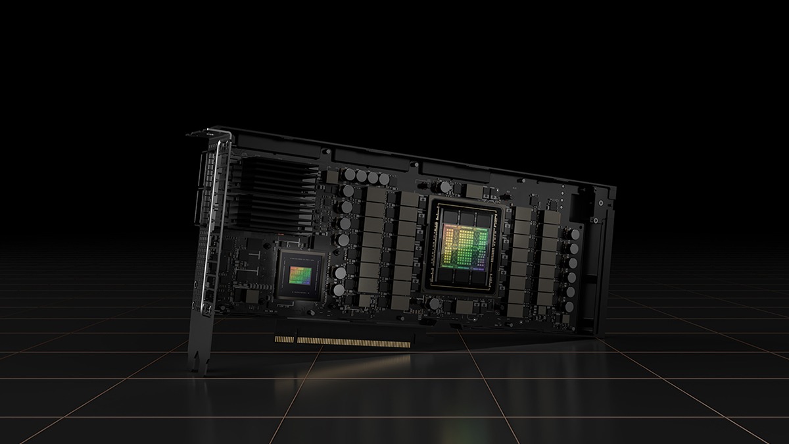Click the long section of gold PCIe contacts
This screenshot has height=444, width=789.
[356, 342]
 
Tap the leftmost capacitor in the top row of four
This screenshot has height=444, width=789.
[350, 174]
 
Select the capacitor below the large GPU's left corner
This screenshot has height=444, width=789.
[435, 303]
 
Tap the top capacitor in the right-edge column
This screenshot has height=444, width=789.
[575, 234]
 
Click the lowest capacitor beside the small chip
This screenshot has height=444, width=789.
[339, 289]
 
